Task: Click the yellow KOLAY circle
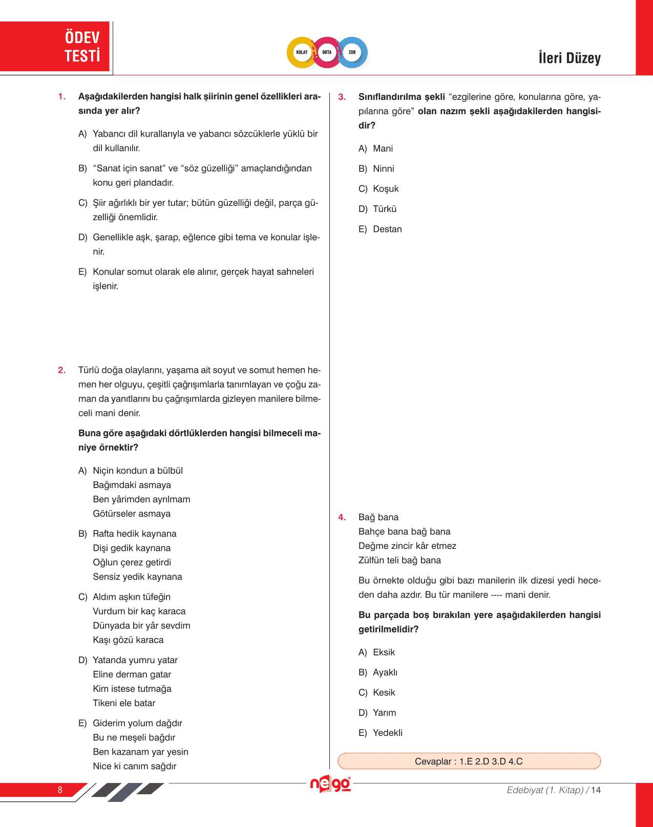point(302,52)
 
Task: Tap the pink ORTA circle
point(327,52)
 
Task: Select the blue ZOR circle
point(352,52)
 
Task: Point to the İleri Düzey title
point(570,58)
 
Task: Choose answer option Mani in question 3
point(383,149)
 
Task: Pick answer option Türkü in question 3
point(385,209)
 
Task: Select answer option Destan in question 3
point(387,229)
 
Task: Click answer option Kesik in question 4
point(384,692)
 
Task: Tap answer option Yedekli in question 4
point(388,733)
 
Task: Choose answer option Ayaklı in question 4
point(385,672)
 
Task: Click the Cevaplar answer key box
point(469,761)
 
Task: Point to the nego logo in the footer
point(330,784)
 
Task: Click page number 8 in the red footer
point(60,790)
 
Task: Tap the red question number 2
point(61,370)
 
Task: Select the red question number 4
point(342,517)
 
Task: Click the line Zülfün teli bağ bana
point(399,560)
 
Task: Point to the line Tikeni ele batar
point(124,703)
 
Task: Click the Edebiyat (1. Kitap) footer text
point(545,790)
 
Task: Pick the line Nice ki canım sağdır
point(135,766)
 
